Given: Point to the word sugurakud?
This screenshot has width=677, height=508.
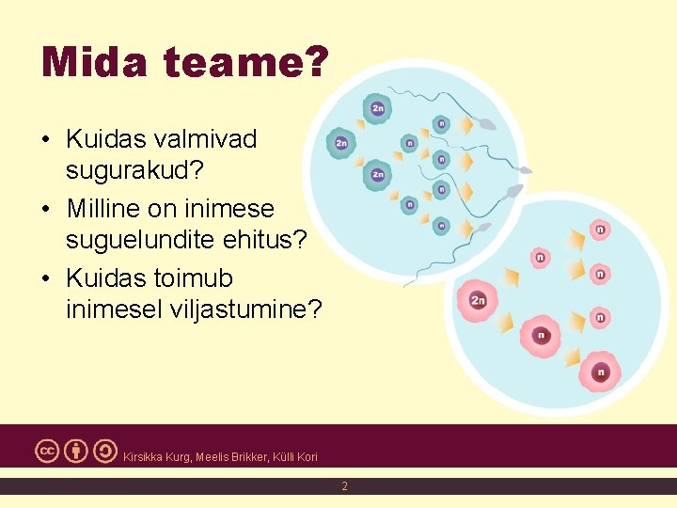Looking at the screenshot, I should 136,171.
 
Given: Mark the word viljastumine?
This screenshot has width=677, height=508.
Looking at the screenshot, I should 239,310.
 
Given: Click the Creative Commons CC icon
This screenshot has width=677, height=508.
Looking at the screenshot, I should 48,451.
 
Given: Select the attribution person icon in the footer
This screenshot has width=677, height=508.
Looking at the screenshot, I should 76,451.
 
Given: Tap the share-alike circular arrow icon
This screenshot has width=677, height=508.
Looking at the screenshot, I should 104,451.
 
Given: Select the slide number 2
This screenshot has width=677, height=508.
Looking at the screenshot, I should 344,486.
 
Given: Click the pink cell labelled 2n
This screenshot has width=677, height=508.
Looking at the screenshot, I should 478,300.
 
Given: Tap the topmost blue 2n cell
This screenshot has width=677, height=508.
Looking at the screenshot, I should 377,109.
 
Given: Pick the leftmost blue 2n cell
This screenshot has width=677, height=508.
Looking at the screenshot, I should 340,143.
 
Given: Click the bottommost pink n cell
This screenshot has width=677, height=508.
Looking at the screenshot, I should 600,372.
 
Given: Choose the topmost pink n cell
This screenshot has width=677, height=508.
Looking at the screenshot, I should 599,229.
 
